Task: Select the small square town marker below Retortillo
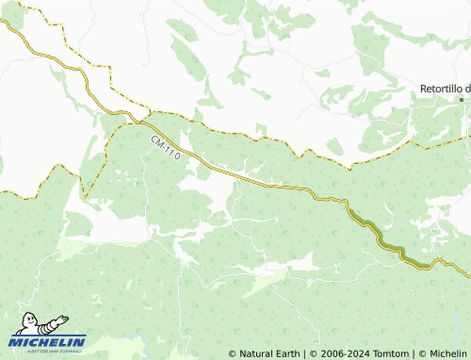[x=462, y=99]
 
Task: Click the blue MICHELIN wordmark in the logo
[x=48, y=341]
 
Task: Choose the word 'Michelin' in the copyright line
[x=447, y=353]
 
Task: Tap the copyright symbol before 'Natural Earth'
[x=233, y=353]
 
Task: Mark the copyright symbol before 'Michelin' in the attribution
[x=423, y=353]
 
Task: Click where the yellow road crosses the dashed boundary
[x=141, y=120]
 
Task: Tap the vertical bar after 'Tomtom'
[x=414, y=353]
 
